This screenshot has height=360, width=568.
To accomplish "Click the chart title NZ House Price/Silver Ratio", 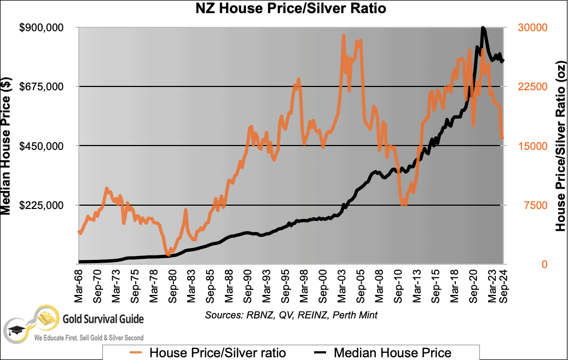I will [284, 9].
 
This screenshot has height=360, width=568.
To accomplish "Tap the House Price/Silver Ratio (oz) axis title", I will [560, 146].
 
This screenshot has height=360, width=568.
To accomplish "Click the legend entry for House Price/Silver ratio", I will [207, 352].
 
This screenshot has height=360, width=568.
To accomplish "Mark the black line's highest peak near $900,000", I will [483, 28].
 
